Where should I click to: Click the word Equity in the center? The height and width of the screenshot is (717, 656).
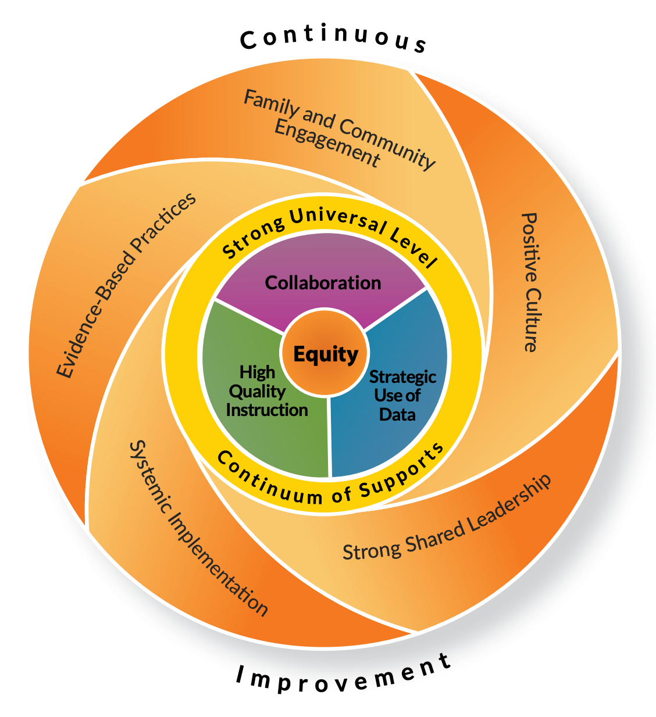(326, 354)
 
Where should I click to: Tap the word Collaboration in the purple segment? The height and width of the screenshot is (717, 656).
(323, 283)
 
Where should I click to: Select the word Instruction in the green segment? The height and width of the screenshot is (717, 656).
(267, 410)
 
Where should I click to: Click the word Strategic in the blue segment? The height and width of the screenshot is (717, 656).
(403, 377)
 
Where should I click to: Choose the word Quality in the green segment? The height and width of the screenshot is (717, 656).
(257, 391)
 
